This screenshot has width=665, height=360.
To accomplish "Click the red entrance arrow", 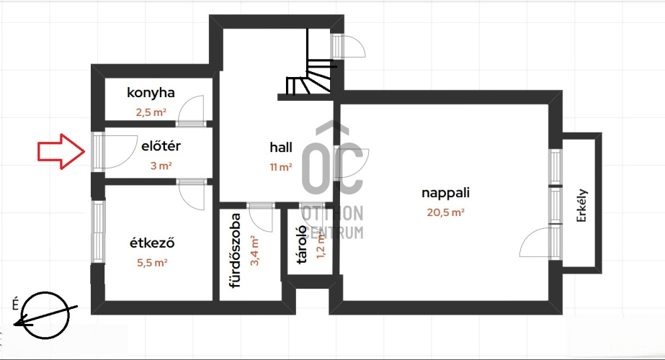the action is (x=61, y=151).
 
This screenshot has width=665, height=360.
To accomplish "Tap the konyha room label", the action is (x=151, y=93).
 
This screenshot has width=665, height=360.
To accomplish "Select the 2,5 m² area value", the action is (x=151, y=112).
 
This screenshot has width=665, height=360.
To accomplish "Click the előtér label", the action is (x=161, y=146).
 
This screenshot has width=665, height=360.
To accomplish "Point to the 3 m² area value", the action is (x=161, y=166).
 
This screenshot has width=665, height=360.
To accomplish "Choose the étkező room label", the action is (x=152, y=243).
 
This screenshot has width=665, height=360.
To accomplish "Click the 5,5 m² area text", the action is (x=152, y=263).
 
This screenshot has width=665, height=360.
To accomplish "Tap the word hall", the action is (x=281, y=147).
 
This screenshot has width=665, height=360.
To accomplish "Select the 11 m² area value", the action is (x=281, y=167).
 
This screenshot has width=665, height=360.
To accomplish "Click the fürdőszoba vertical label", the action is (x=235, y=251).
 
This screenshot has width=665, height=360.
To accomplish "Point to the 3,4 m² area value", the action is (x=254, y=251).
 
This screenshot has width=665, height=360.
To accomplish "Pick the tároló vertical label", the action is (x=302, y=245).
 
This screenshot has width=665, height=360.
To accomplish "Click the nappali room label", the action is (x=445, y=193).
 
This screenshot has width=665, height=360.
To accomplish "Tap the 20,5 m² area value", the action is (x=445, y=212).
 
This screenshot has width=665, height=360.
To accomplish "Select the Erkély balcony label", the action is (x=581, y=206).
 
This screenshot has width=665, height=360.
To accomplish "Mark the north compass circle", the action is (x=45, y=315).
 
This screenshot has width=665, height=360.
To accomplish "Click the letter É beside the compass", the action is (x=16, y=305).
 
